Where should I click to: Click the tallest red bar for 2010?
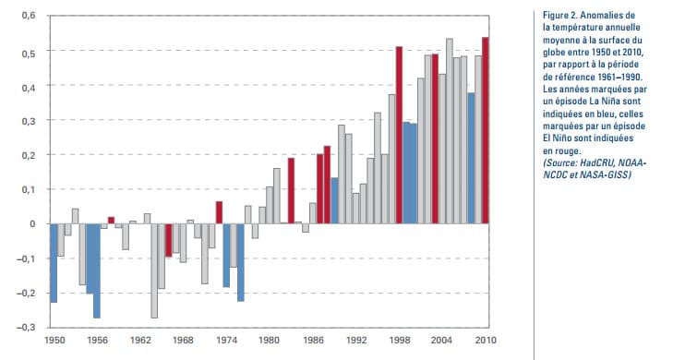coord(486,130)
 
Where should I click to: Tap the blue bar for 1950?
coord(54,263)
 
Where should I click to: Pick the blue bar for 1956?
coord(96,270)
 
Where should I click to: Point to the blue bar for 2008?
coord(471,158)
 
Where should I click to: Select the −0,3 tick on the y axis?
coord(27,326)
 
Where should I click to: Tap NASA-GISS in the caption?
coord(608,174)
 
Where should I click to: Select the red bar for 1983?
coord(291,190)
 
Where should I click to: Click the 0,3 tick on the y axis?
coord(29,120)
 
